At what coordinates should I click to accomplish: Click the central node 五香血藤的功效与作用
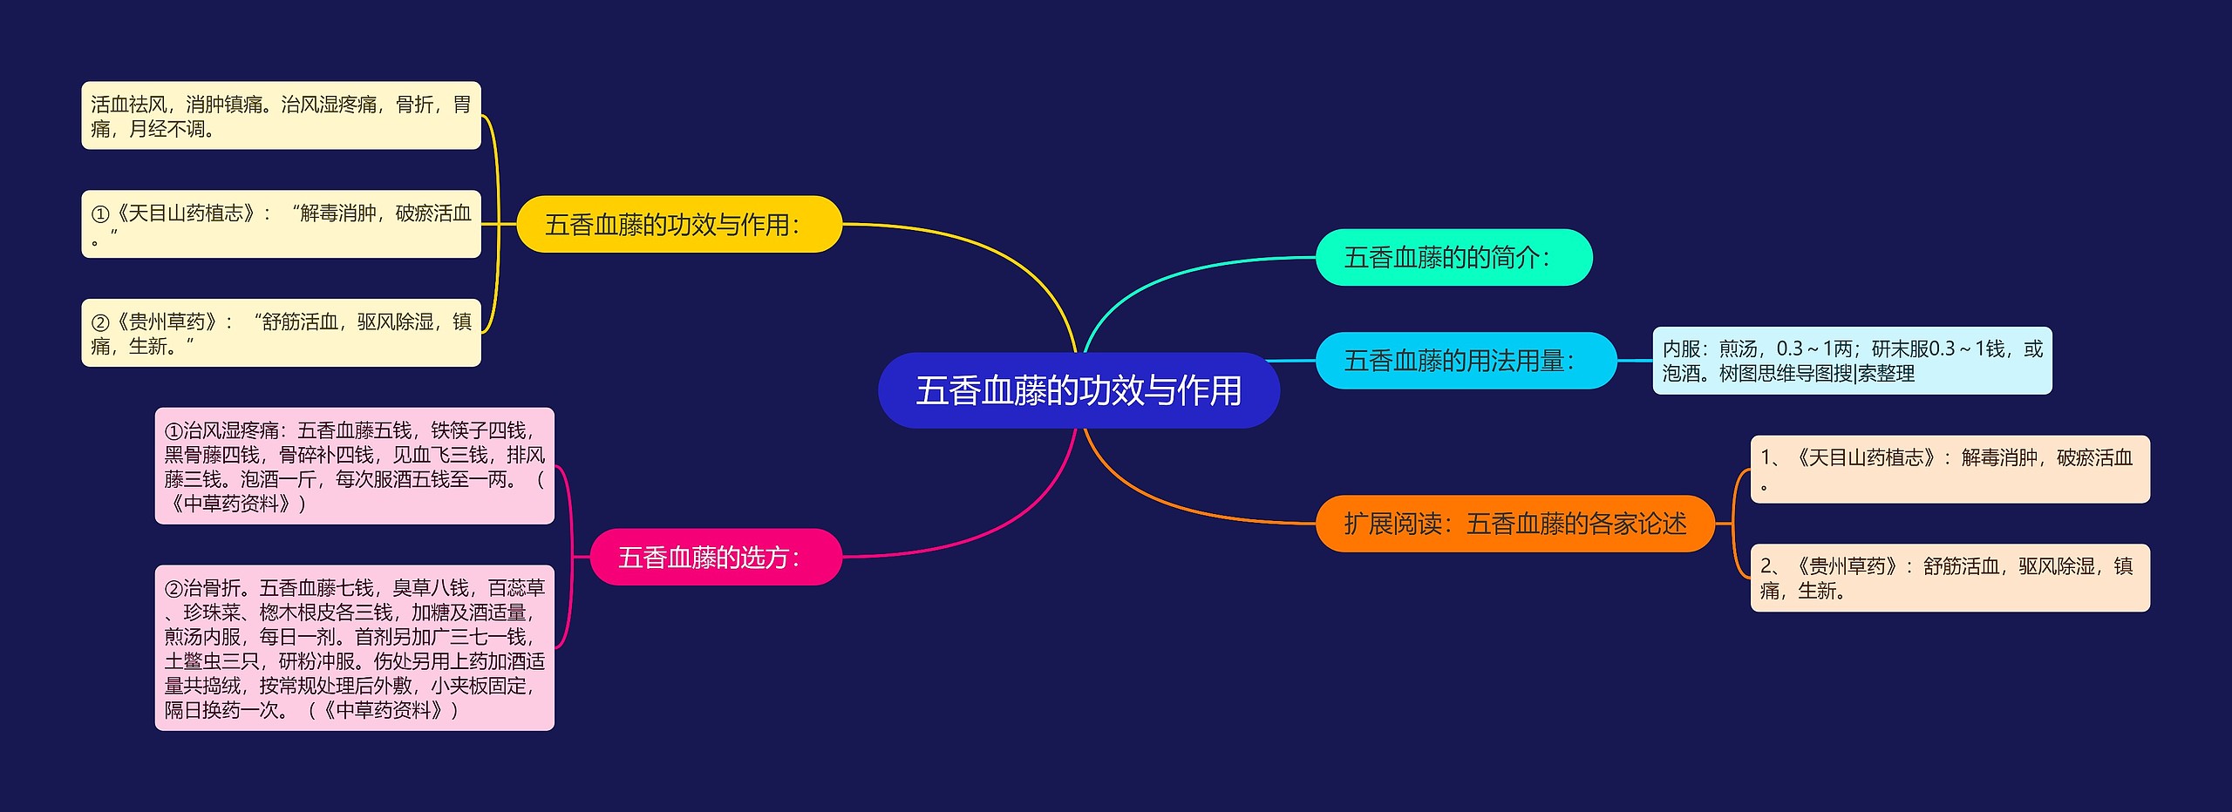(1079, 390)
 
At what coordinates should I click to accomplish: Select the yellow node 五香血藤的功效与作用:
(679, 225)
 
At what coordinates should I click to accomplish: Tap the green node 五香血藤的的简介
(1453, 258)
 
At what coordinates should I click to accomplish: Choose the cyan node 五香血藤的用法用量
(1466, 361)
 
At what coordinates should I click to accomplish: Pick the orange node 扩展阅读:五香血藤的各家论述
(1514, 524)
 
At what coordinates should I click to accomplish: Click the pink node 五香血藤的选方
(716, 558)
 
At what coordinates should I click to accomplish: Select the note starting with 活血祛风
(281, 116)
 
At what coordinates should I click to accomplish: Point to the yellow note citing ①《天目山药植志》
(281, 224)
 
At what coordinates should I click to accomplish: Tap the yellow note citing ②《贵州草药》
(281, 333)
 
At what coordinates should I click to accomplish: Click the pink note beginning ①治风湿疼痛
(354, 466)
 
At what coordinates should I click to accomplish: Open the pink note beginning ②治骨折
(354, 648)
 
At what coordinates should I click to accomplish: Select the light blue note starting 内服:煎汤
(1852, 361)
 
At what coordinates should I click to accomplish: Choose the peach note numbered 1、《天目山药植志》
(1950, 470)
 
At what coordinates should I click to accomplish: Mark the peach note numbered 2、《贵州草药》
(1950, 579)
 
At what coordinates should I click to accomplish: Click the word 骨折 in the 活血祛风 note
(414, 105)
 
